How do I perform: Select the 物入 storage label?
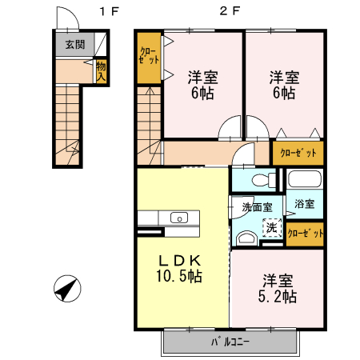pyautogui.click(x=102, y=70)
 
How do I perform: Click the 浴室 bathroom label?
pyautogui.click(x=303, y=204)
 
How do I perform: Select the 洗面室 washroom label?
pyautogui.click(x=257, y=206)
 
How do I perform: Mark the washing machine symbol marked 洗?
pyautogui.click(x=272, y=228)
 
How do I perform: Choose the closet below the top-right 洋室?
pyautogui.click(x=298, y=152)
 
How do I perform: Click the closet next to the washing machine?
pyautogui.click(x=306, y=234)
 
